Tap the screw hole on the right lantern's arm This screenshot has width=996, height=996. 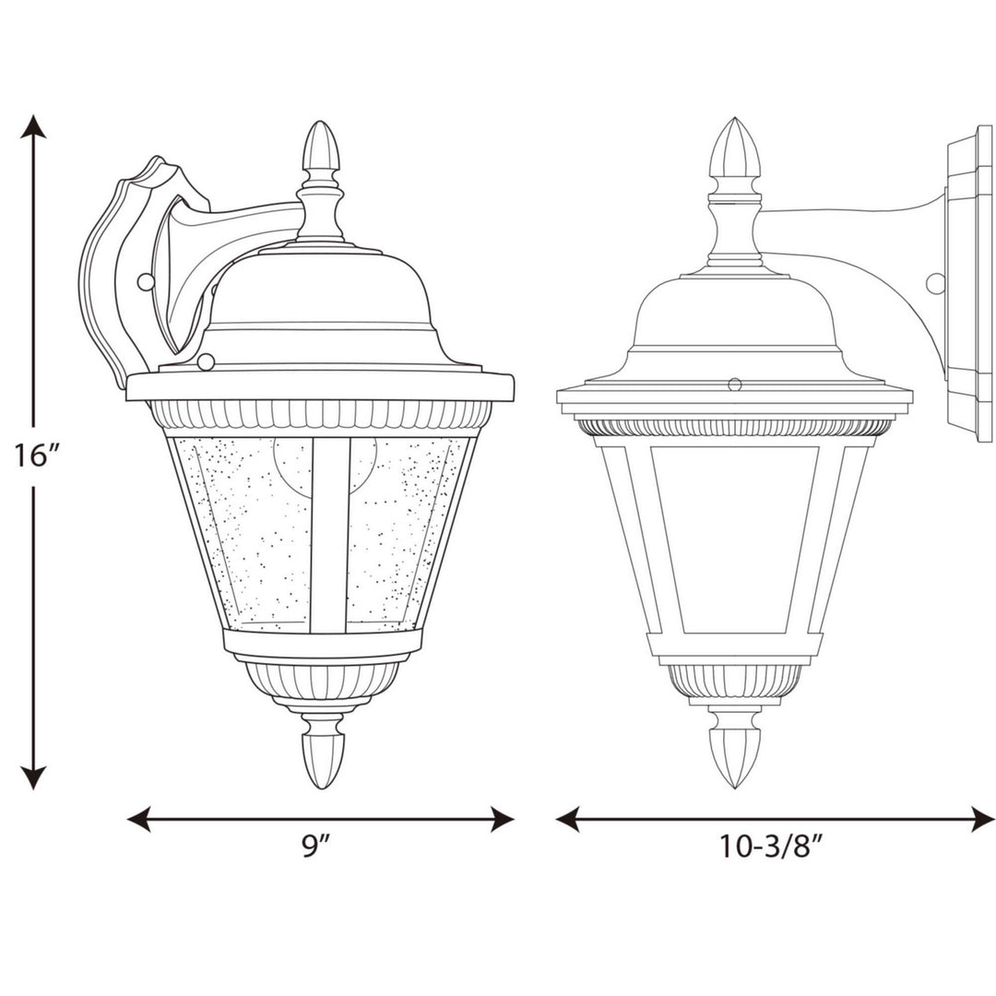pyautogui.click(x=936, y=282)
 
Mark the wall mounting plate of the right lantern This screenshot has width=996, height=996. pyautogui.click(x=968, y=286)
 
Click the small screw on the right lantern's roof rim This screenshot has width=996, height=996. pyautogui.click(x=735, y=383)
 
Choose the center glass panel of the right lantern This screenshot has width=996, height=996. pyautogui.click(x=735, y=539)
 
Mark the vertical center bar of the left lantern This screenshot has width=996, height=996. pyautogui.click(x=329, y=535)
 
